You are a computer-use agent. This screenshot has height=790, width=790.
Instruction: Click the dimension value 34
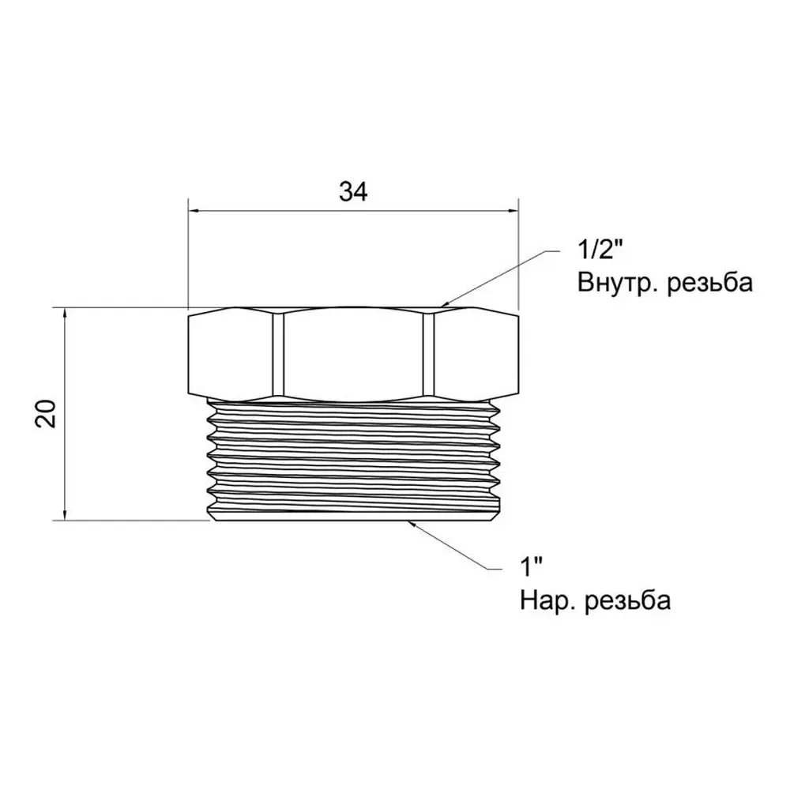pos(353,192)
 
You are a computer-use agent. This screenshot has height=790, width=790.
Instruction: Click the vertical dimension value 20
pos(46,414)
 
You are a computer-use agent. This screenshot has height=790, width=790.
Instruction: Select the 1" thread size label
pos(531,567)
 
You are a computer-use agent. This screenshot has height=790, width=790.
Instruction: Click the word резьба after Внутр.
pos(710,282)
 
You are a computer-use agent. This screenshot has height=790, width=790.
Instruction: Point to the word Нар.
pos(546,600)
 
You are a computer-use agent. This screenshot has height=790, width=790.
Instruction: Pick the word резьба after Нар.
pos(627,600)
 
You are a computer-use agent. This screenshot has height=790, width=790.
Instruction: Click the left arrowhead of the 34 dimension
pos(194,211)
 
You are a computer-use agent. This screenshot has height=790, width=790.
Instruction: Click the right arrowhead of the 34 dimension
pos(512,211)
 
